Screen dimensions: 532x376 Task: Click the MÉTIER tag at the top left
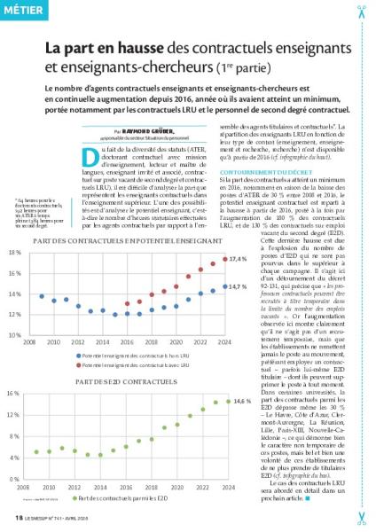pyautogui.click(x=23, y=11)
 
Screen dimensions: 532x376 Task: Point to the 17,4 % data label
pyautogui.click(x=239, y=258)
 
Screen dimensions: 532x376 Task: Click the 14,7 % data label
pyautogui.click(x=239, y=286)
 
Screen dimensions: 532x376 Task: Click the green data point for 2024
pyautogui.click(x=227, y=402)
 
